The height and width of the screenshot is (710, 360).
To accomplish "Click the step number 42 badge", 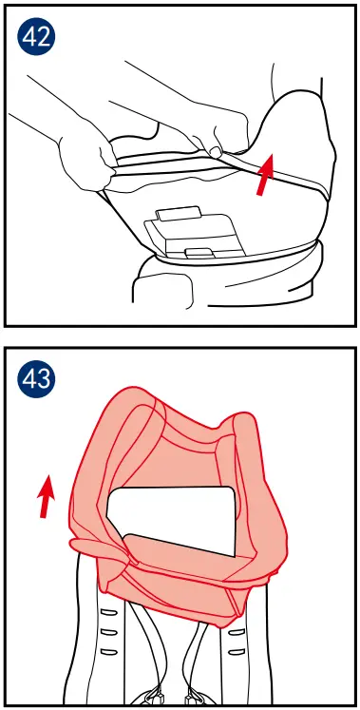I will pyautogui.click(x=36, y=37).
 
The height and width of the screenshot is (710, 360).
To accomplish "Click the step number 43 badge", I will pyautogui.click(x=36, y=381).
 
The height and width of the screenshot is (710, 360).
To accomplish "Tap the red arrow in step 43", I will pyautogui.click(x=45, y=498).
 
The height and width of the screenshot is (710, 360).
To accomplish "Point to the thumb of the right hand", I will pyautogui.click(x=217, y=150).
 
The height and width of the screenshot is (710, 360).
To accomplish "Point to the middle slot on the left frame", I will pyautogui.click(x=108, y=632).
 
